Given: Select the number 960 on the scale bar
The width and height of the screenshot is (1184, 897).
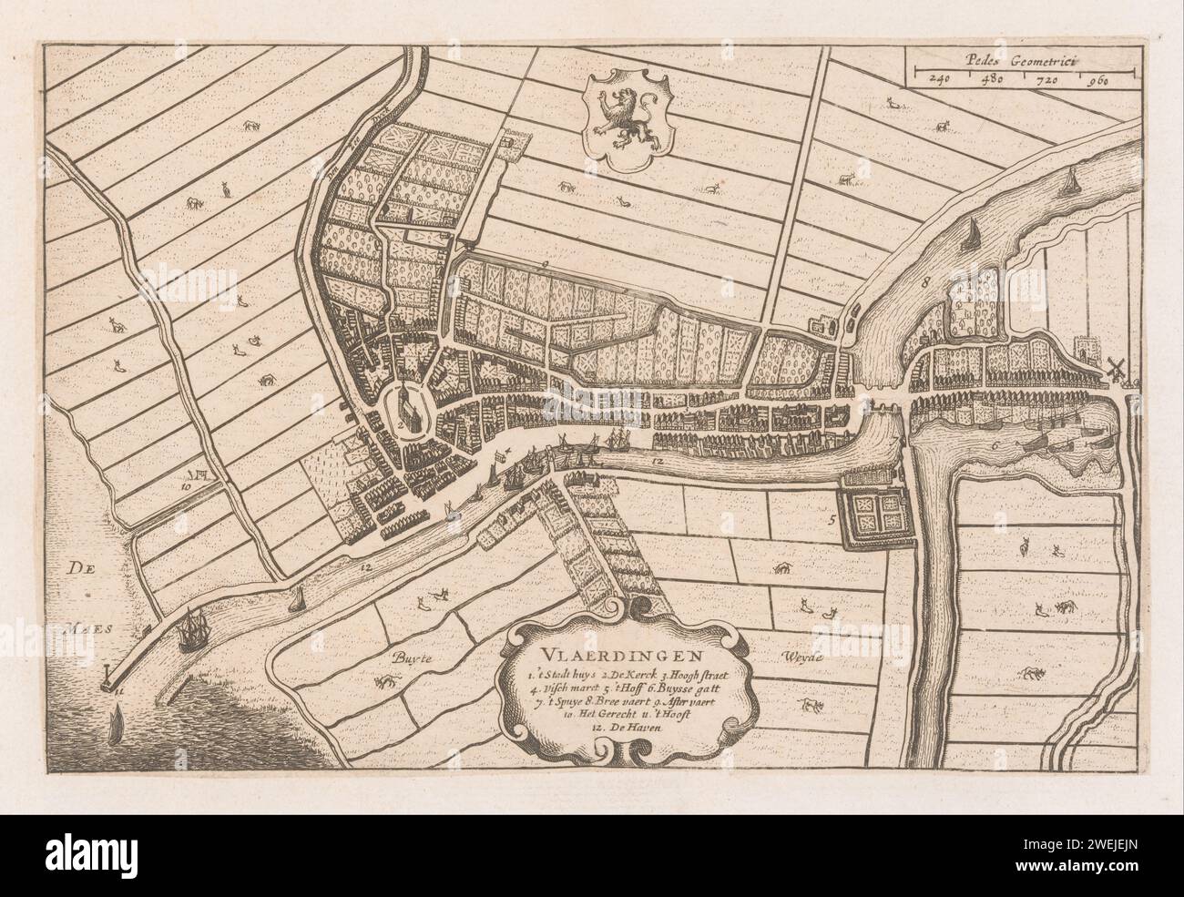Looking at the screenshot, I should click(x=1095, y=79).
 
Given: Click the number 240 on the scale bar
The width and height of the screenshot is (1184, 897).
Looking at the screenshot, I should click(x=938, y=79).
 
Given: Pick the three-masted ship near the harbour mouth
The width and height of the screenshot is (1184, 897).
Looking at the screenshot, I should click(x=192, y=630).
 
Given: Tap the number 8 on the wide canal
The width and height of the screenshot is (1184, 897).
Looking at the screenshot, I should click(x=926, y=283).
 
